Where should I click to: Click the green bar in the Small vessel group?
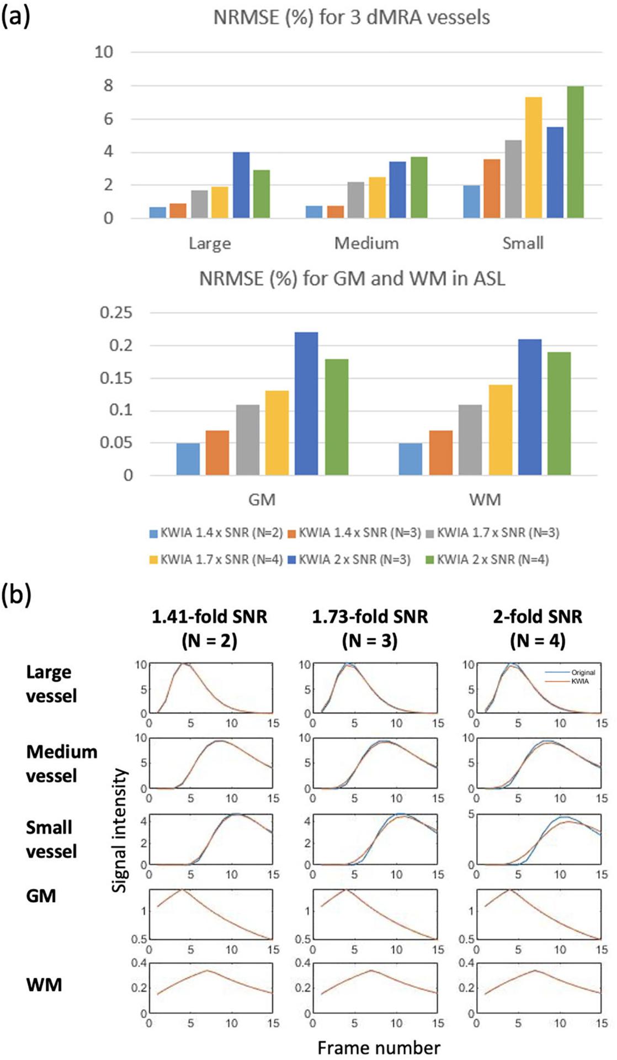(x=575, y=152)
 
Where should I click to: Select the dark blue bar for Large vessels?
(x=241, y=185)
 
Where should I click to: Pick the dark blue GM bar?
(x=306, y=404)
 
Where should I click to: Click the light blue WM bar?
(x=410, y=459)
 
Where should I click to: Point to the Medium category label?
(x=366, y=243)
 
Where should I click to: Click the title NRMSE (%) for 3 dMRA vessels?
(x=352, y=18)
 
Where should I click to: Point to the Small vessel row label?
(x=51, y=839)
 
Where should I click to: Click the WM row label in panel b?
(x=44, y=984)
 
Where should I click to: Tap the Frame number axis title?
(x=379, y=1047)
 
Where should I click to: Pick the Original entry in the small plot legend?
(x=583, y=672)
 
